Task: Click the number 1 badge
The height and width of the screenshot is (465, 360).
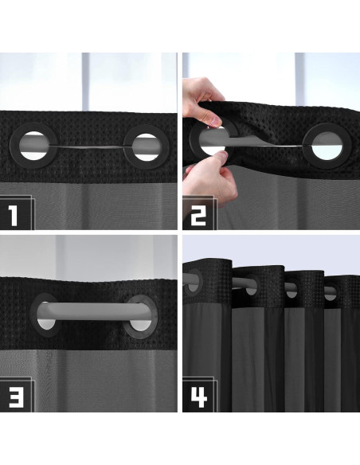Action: [x=18, y=213]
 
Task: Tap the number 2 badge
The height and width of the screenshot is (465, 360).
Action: [x=199, y=213]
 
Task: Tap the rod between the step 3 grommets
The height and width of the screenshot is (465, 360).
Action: [x=92, y=310]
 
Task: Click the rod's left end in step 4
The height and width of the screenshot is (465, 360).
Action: [x=189, y=280]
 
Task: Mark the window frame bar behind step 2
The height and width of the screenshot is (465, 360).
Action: [x=298, y=80]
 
